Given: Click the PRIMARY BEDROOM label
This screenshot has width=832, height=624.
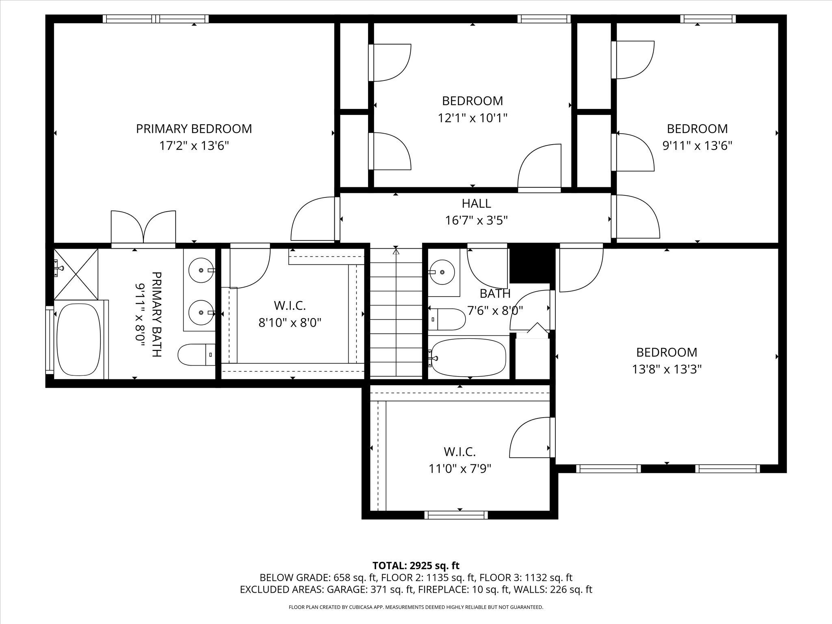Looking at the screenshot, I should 194,129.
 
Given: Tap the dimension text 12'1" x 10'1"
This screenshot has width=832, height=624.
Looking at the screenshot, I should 472,118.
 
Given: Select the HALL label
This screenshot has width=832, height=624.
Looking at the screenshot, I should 476,203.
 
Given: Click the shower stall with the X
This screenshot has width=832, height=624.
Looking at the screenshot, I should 76,274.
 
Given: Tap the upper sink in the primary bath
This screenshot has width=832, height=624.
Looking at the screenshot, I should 201,270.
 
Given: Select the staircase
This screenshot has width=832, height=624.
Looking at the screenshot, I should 396,313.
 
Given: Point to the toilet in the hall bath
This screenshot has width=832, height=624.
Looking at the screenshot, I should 447,319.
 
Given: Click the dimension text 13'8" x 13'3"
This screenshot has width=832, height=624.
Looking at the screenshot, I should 667,369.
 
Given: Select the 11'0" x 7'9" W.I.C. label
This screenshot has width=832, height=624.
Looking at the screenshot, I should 459,451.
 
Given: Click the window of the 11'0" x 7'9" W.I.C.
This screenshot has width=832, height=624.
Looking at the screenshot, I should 456,515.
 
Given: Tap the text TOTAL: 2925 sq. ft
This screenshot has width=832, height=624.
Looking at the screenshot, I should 416,565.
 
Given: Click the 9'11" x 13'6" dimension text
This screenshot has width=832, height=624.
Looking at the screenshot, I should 697,146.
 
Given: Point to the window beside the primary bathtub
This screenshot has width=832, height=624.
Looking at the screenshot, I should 49,340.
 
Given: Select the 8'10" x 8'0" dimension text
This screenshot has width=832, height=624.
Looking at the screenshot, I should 290,323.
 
